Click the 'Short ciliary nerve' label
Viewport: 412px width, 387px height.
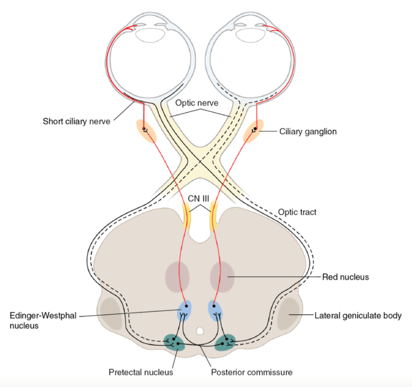point(77,121)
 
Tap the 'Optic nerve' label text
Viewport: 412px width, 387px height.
point(197,103)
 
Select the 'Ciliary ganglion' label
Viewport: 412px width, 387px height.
point(308,132)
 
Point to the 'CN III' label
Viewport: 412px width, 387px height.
point(198,198)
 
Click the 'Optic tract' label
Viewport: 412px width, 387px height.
point(297,212)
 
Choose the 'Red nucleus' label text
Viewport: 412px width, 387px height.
point(345,277)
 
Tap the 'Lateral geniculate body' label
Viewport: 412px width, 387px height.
point(358,315)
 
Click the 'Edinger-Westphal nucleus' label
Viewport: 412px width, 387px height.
point(43,321)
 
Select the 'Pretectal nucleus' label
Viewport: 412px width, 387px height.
point(141,372)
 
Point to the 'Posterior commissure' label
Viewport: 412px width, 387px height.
point(252,372)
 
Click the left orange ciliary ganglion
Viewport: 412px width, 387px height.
point(147,131)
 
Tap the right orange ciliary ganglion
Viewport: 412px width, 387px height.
point(253,131)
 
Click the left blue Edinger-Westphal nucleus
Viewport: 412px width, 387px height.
point(185,311)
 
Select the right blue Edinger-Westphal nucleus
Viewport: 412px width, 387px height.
point(215,311)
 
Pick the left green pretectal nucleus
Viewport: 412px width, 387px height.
point(174,342)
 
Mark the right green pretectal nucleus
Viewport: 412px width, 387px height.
point(225,342)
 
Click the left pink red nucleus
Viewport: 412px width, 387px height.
point(177,277)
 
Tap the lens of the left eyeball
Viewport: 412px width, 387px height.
point(150,35)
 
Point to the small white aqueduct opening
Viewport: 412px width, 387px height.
point(200,331)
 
